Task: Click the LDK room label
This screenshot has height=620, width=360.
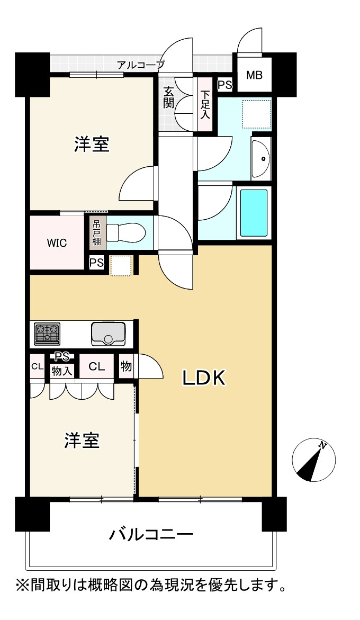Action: tap(203, 378)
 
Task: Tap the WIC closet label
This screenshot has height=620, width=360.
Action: tap(57, 243)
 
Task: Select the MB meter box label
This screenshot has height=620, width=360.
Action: tap(254, 75)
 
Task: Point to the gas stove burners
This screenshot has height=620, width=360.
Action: tap(48, 332)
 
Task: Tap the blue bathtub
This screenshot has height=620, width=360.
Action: tap(254, 213)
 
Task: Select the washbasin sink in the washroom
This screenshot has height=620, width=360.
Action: tap(261, 158)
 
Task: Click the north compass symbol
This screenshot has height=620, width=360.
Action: tap(314, 460)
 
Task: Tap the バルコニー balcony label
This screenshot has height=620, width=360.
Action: tap(151, 535)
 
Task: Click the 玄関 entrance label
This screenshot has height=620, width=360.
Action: tap(168, 97)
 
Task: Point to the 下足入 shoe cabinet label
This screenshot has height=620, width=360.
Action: tap(205, 105)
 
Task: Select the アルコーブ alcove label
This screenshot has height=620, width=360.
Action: tap(141, 65)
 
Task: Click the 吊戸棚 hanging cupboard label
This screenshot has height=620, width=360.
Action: tap(96, 233)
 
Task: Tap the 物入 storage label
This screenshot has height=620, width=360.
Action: tap(61, 371)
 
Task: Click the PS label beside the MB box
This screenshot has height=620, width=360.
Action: tap(225, 85)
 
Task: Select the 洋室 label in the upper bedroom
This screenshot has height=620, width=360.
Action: tap(92, 145)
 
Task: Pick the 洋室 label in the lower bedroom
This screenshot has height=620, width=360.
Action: tap(82, 440)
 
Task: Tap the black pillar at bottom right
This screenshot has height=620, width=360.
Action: tap(274, 514)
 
